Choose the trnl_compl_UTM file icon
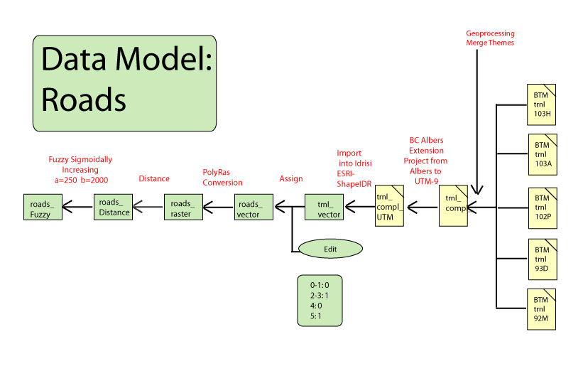click(389, 206)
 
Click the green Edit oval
click(330, 249)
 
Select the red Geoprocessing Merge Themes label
click(490, 38)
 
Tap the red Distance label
click(154, 178)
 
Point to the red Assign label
click(292, 179)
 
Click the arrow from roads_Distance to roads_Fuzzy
click(77, 208)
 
